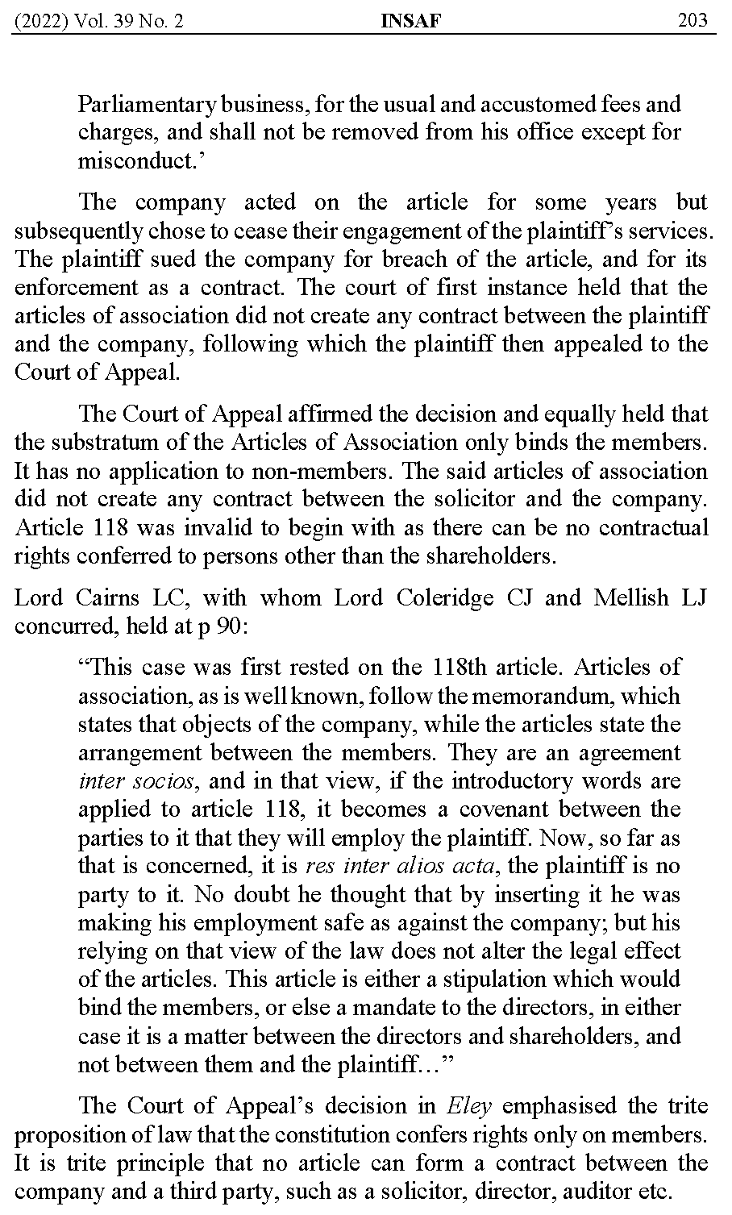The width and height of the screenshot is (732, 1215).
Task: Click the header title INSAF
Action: [410, 20]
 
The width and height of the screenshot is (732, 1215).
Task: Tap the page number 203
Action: [692, 20]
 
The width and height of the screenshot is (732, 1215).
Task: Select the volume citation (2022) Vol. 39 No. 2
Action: [99, 20]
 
